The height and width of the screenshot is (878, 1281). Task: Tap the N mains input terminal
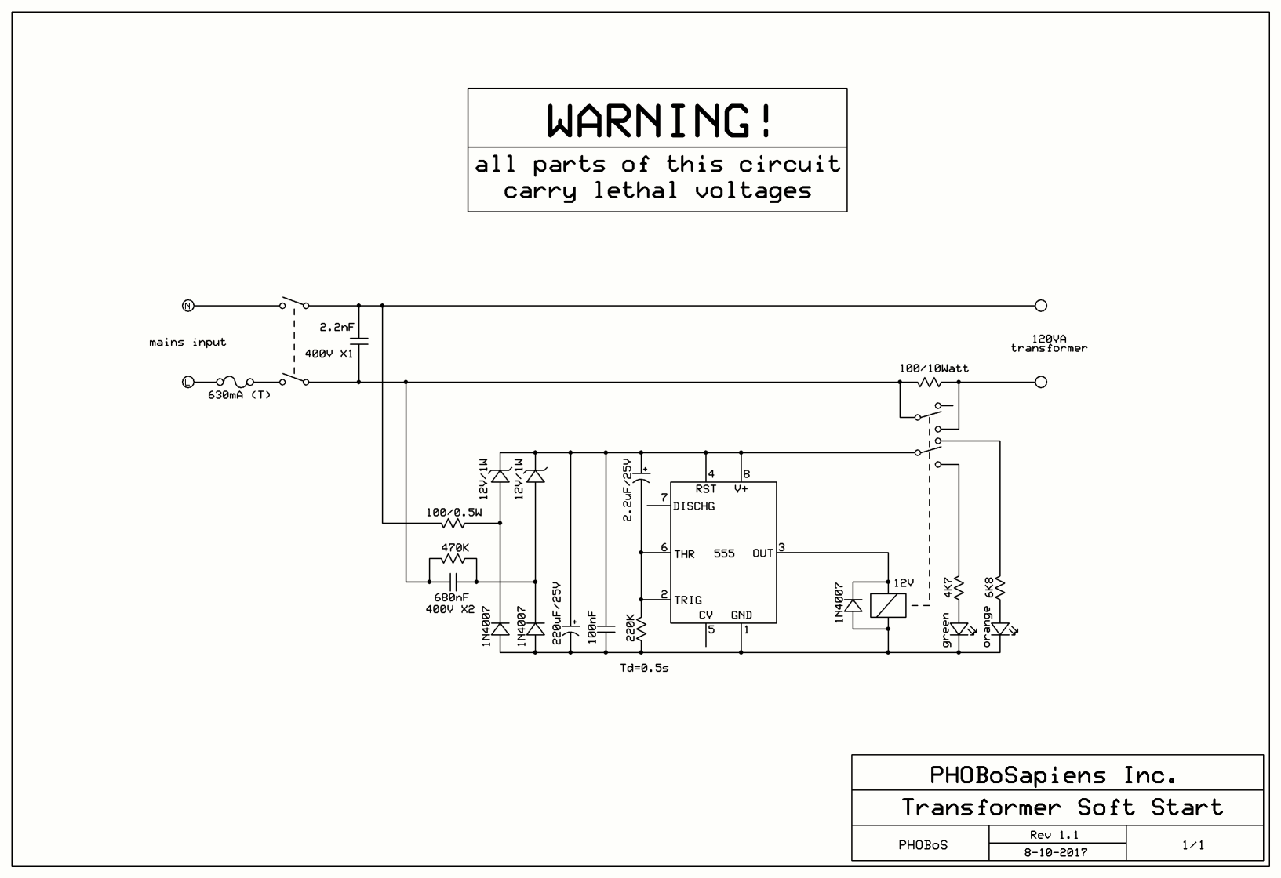187,306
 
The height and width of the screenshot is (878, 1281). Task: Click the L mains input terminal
187,383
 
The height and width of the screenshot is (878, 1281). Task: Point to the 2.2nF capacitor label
337,327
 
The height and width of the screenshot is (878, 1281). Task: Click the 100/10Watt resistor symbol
930,383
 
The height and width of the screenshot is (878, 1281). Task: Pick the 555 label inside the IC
724,553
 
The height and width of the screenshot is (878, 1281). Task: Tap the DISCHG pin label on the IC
693,506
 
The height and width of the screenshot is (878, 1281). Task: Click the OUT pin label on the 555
762,553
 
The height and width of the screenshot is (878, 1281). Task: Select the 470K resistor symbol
453,560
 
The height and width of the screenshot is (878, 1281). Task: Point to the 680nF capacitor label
451,597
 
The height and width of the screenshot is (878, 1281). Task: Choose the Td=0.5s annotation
644,669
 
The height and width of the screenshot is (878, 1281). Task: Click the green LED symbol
959,629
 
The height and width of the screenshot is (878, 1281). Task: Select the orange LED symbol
1000,629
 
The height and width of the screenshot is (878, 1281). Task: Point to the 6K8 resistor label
988,588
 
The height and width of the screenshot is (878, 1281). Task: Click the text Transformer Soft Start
1062,807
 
